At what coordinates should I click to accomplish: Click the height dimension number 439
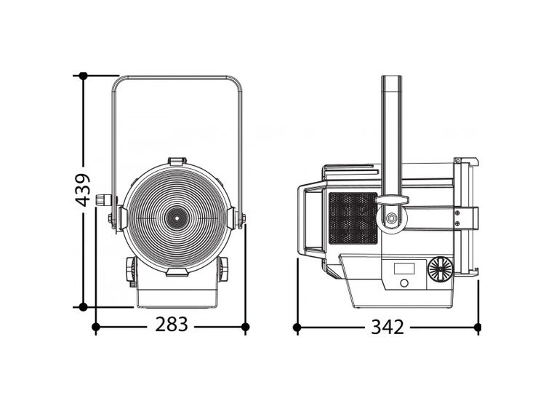(84, 189)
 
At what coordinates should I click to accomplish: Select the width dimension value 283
(172, 325)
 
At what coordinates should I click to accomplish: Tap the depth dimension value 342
(387, 327)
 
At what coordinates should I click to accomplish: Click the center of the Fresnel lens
(176, 217)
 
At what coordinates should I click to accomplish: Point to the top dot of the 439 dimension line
(84, 76)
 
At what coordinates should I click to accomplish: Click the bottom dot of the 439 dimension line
(84, 307)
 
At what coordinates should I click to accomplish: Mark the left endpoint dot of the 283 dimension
(96, 327)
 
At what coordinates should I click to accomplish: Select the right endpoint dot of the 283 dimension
(245, 327)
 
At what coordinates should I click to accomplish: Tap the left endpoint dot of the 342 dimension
(297, 327)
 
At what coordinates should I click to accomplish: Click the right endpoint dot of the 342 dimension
(478, 327)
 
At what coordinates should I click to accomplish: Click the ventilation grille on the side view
(352, 218)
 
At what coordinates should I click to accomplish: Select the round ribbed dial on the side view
(439, 269)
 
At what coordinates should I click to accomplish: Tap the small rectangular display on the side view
(404, 269)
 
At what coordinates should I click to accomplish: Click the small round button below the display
(404, 283)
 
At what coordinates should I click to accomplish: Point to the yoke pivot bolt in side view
(392, 218)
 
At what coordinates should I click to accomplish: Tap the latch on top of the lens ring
(177, 160)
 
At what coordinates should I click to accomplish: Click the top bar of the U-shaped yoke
(177, 77)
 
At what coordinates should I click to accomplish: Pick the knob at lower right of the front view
(222, 269)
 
